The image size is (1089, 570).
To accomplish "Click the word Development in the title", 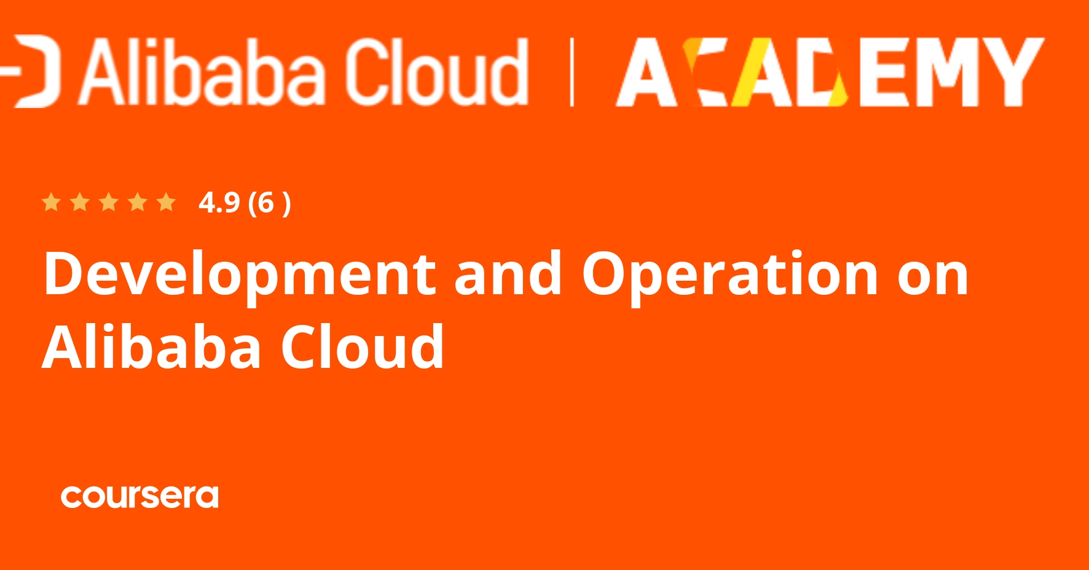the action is click(240, 275).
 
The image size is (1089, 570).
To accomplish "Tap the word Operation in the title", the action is click(730, 275).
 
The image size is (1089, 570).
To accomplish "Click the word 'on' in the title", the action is click(933, 278).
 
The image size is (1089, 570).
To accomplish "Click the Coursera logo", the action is click(140, 496).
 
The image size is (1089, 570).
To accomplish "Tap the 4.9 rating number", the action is click(219, 203).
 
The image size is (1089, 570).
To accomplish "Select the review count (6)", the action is click(269, 203).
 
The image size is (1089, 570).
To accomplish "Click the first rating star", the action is click(51, 202).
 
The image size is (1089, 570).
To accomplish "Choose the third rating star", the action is click(109, 202).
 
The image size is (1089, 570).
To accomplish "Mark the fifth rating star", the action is click(166, 202).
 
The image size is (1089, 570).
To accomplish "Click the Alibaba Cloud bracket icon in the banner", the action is click(31, 71).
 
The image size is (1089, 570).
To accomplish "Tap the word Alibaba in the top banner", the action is click(202, 72).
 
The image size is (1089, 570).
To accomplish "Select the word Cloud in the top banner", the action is click(436, 72).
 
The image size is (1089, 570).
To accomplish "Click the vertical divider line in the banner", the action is click(572, 72).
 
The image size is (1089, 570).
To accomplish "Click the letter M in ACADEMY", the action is click(947, 72).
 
